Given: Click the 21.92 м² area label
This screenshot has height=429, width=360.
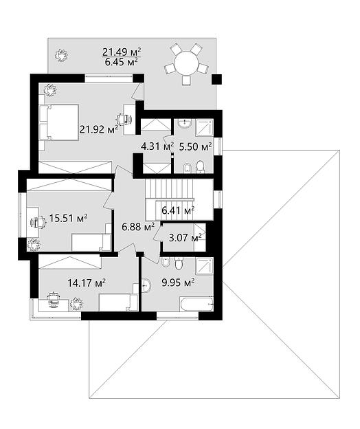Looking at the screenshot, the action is (x=99, y=129).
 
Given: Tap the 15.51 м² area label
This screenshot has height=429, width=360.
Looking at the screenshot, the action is (x=68, y=218).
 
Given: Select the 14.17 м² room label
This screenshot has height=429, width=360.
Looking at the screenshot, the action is (x=87, y=283).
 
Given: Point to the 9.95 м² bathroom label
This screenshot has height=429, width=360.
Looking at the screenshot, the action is (x=178, y=282).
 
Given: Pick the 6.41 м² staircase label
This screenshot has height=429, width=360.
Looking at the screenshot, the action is (x=178, y=210).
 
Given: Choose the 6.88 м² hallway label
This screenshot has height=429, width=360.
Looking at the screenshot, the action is (x=138, y=227).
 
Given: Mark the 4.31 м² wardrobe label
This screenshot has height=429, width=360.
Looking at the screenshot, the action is (x=157, y=146).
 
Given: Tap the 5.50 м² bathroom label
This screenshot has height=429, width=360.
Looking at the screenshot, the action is (x=195, y=146).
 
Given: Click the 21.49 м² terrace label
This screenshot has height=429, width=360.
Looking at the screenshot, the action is (x=122, y=52).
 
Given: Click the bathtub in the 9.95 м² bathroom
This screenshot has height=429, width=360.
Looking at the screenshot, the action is (x=196, y=304).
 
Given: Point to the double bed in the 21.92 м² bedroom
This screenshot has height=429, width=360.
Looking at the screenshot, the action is (x=59, y=122).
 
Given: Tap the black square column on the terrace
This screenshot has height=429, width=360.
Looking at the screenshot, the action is (x=217, y=79).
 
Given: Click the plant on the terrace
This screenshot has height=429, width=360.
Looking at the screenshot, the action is (x=61, y=56).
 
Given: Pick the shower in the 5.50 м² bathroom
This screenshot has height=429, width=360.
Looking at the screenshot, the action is (x=204, y=127).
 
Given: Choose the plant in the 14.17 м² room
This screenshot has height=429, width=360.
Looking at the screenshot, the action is (x=76, y=304).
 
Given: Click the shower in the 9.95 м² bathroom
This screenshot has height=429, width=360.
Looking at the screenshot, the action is (x=205, y=265).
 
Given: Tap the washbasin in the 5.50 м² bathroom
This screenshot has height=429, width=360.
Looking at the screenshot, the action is (x=185, y=124).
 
